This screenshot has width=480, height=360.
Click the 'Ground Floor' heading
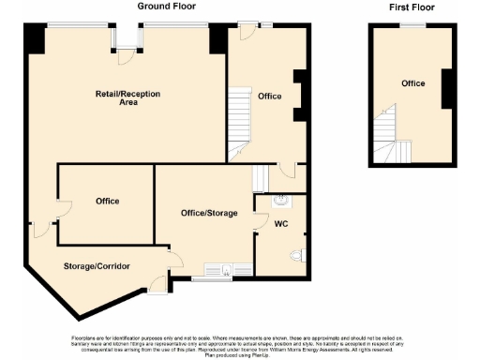(167, 7)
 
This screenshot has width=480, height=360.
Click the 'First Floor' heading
(412, 7)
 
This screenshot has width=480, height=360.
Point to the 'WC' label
(280, 224)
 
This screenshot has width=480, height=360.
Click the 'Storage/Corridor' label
(97, 267)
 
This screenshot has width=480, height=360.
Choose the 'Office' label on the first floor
(412, 84)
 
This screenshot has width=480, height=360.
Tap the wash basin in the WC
(279, 200)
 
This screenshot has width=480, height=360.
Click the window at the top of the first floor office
(412, 25)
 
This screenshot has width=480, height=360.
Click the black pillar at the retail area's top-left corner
(34, 38)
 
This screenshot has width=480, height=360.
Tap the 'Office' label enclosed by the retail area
(107, 202)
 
